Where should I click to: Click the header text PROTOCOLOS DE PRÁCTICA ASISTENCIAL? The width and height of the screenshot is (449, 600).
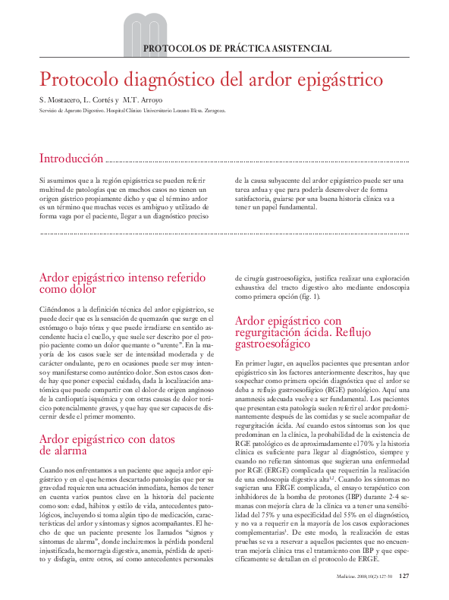237,49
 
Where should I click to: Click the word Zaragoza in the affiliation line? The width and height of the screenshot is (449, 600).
209,110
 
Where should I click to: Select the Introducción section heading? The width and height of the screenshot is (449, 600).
71,159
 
